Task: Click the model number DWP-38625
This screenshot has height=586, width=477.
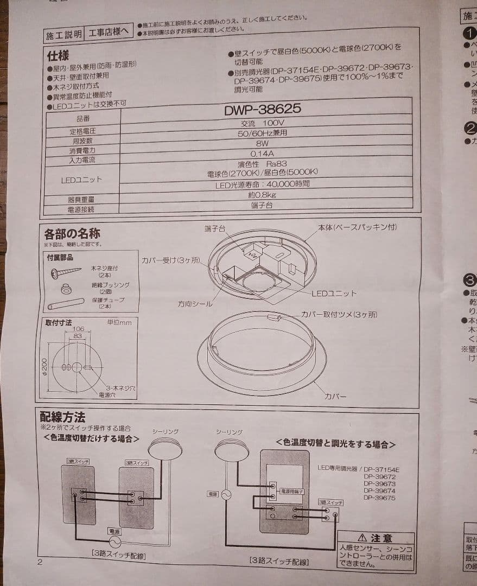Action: [263, 109]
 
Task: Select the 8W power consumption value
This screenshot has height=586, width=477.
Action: [262, 143]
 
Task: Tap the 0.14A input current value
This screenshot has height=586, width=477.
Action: [262, 154]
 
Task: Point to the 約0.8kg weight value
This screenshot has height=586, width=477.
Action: [262, 195]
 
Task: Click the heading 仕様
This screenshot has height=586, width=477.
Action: [58, 56]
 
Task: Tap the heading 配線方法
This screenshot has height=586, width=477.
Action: [62, 417]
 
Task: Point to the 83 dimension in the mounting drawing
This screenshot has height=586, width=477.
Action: [79, 336]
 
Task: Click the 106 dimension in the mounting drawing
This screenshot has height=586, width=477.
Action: [78, 329]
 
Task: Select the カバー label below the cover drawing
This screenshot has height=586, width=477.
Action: [335, 397]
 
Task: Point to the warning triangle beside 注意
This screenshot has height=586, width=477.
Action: [362, 538]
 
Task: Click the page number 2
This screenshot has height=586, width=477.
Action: [39, 562]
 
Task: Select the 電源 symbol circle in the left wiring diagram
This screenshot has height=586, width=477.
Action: [115, 542]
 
